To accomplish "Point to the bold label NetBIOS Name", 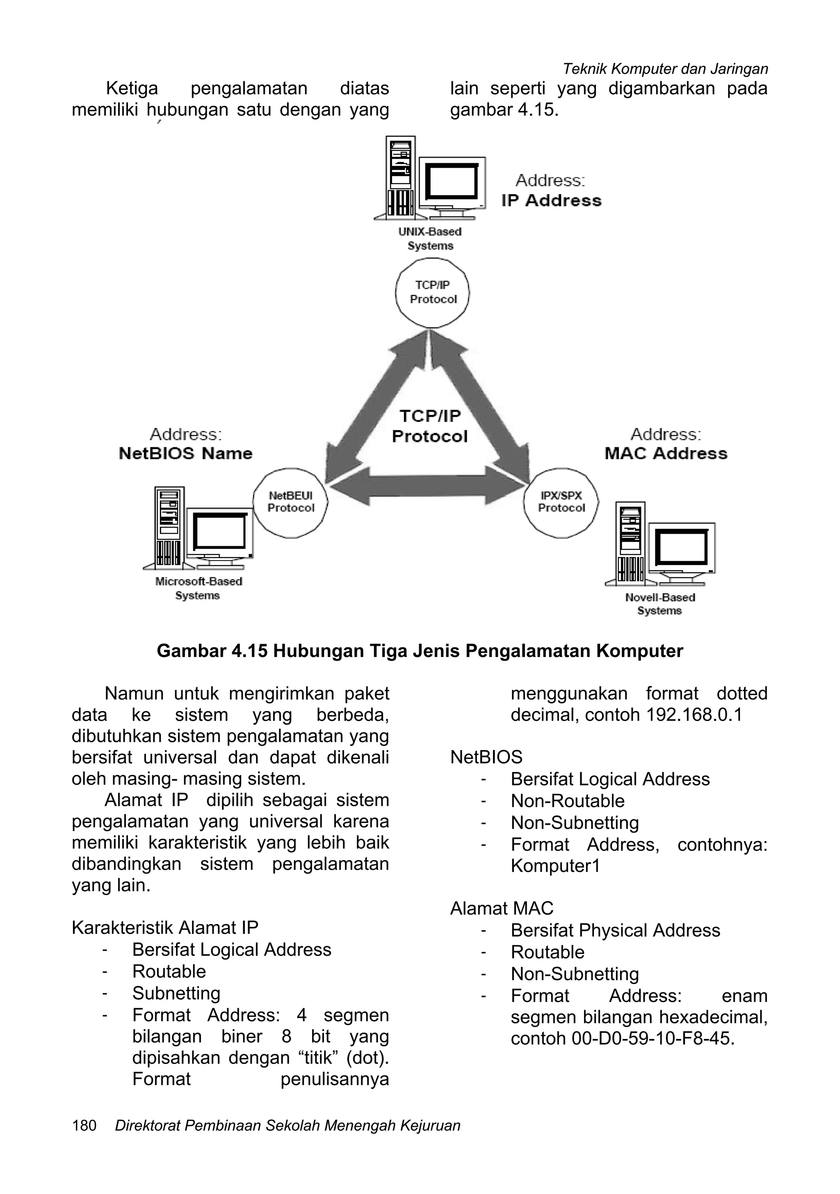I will [x=185, y=453].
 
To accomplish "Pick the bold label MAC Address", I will [x=666, y=453].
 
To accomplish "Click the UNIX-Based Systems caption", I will [x=430, y=239].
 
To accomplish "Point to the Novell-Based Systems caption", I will [x=660, y=604].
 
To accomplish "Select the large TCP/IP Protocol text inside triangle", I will [x=430, y=426].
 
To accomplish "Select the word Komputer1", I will [x=555, y=866].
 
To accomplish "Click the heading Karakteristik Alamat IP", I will [x=165, y=927].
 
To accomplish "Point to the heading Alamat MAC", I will [x=502, y=908].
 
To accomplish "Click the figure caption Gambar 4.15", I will [x=420, y=651].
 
